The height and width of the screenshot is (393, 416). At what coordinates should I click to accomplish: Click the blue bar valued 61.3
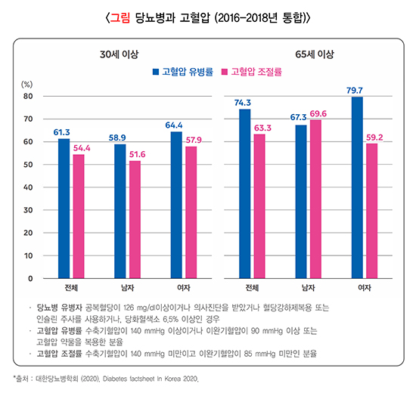tap(64, 209)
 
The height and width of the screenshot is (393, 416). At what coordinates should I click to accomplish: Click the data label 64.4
tap(175, 125)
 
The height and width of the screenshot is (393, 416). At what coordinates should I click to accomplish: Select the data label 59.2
tap(374, 137)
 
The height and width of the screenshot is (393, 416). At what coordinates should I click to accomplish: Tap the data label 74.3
tap(243, 102)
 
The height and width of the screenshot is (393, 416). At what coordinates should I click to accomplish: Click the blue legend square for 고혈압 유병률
tap(156, 73)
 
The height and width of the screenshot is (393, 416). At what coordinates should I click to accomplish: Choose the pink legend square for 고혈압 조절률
tap(225, 73)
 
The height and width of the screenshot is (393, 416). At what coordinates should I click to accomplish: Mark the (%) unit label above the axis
tap(27, 84)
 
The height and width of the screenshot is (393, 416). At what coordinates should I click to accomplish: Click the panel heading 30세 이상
tap(120, 54)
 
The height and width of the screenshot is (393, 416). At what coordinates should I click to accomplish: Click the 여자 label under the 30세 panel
tap(183, 288)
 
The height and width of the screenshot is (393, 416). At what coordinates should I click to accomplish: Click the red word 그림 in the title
tap(120, 16)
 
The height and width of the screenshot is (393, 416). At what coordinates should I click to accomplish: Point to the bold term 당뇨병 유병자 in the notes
tap(59, 308)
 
